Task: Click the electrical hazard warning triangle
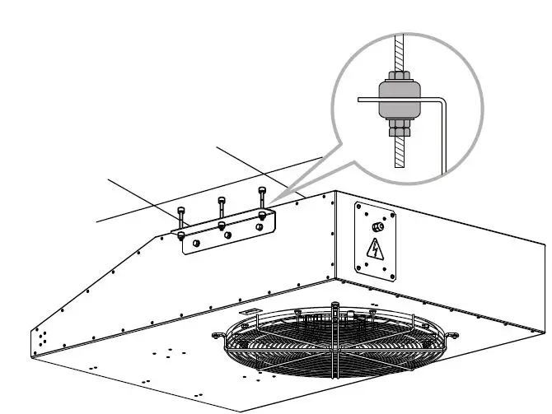pyautogui.click(x=376, y=248)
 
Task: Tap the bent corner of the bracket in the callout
pyautogui.click(x=442, y=102)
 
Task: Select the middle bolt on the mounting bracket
pyautogui.click(x=221, y=207)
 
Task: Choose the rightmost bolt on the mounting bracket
pyautogui.click(x=261, y=198)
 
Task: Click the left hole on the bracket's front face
pyautogui.click(x=196, y=244)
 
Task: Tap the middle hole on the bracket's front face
pyautogui.click(x=227, y=235)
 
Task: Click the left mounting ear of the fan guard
pyautogui.click(x=219, y=336)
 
